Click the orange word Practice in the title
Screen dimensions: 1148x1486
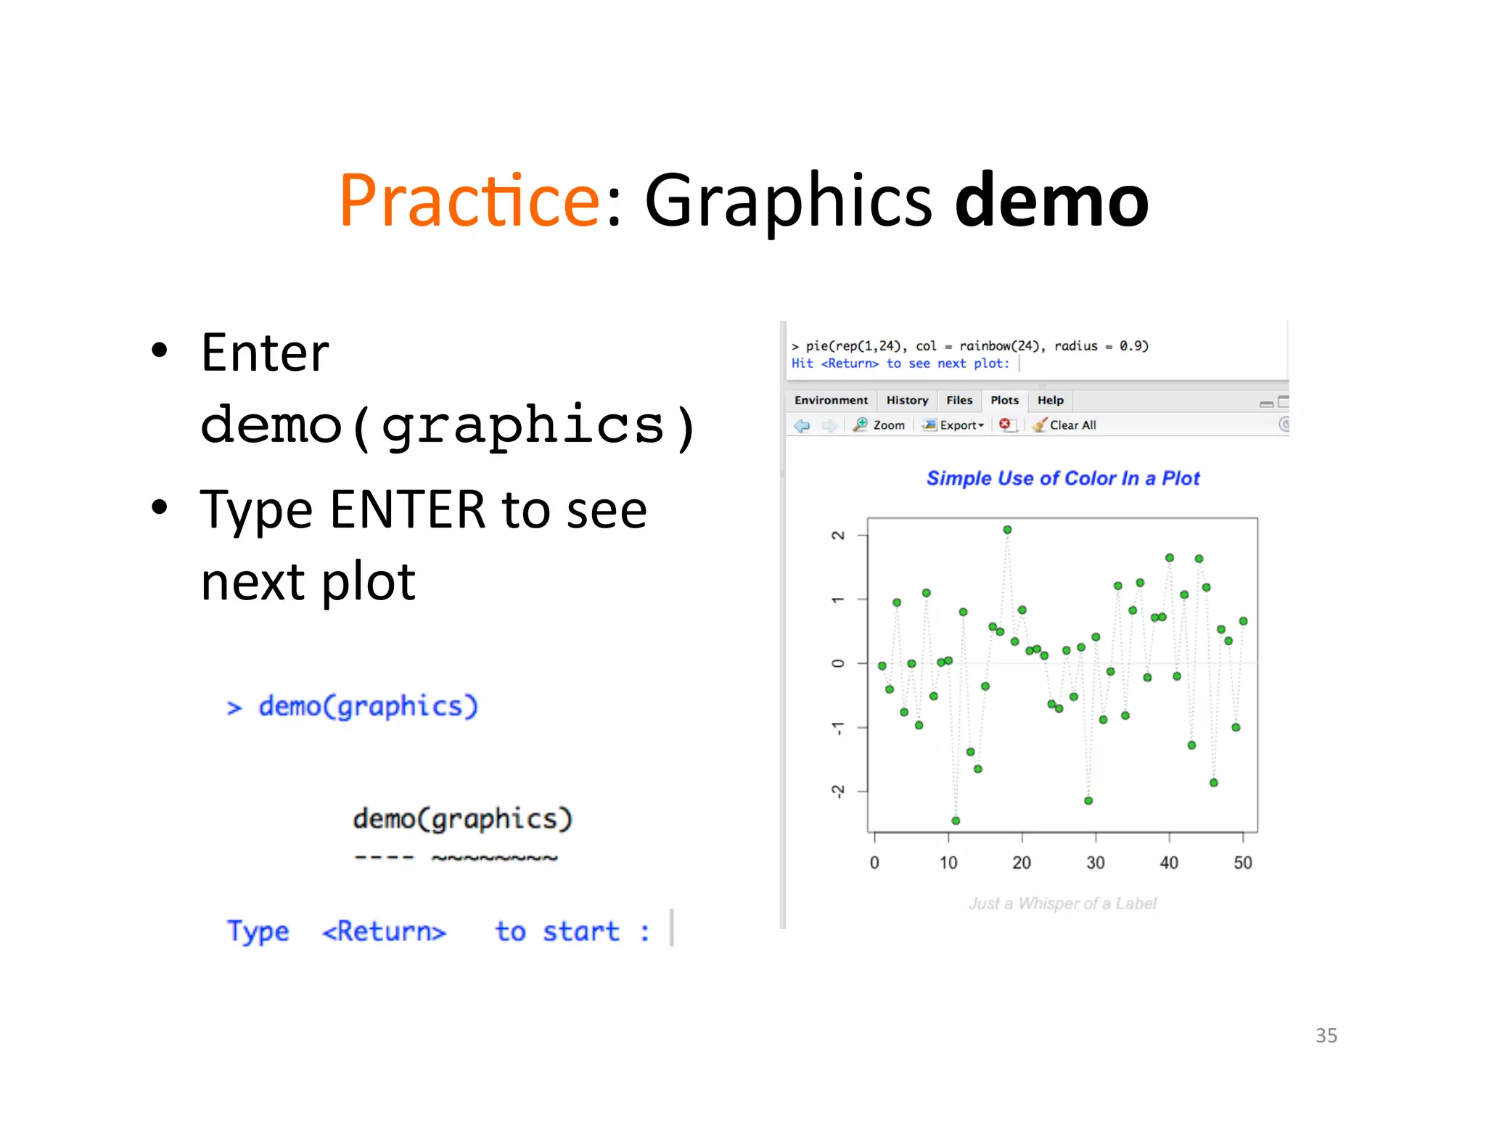pyautogui.click(x=469, y=200)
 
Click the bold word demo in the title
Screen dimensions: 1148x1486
pyautogui.click(x=1051, y=200)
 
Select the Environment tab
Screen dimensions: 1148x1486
pyautogui.click(x=831, y=401)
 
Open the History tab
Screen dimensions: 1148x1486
pyautogui.click(x=907, y=401)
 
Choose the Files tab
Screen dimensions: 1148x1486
pyautogui.click(x=958, y=401)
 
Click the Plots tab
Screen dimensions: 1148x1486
pyautogui.click(x=1004, y=401)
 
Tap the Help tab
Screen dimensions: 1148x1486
pyautogui.click(x=1050, y=401)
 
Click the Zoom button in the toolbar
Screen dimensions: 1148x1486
pyautogui.click(x=879, y=425)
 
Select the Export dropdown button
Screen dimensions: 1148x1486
pyautogui.click(x=954, y=425)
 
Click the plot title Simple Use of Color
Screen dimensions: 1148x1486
pyautogui.click(x=1062, y=478)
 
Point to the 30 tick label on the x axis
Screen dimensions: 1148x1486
pyautogui.click(x=1095, y=863)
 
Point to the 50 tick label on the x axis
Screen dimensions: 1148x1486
pyautogui.click(x=1242, y=863)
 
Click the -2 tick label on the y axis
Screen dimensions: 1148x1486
pyautogui.click(x=838, y=791)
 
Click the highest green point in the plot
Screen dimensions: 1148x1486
pyautogui.click(x=1007, y=530)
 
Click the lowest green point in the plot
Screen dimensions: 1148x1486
pyautogui.click(x=956, y=821)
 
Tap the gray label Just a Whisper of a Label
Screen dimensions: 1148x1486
pyautogui.click(x=1062, y=903)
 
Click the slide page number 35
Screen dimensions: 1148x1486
pyautogui.click(x=1326, y=1036)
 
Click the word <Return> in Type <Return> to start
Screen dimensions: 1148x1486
pyautogui.click(x=384, y=931)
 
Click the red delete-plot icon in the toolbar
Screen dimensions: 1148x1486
pyautogui.click(x=1005, y=425)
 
